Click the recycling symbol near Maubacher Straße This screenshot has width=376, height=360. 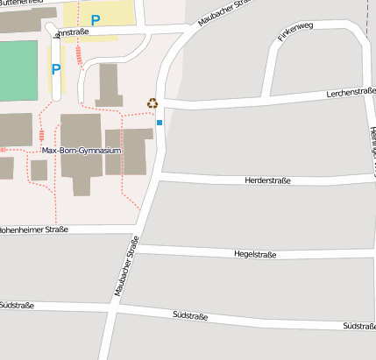pos(153,103)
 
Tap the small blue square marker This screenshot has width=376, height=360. pos(160,123)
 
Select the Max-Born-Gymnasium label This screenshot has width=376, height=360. pos(81,151)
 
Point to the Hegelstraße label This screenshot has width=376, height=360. pos(255,254)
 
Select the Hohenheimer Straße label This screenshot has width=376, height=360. pos(33,229)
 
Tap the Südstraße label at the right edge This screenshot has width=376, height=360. pos(358,326)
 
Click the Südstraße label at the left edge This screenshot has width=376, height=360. pos(17,305)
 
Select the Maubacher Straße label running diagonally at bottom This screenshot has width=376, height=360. pos(126,266)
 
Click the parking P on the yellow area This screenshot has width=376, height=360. pos(96,19)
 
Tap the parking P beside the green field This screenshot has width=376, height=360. pos(56,69)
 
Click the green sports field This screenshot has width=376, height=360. pos(18,71)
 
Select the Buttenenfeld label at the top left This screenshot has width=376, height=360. pos(22,4)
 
